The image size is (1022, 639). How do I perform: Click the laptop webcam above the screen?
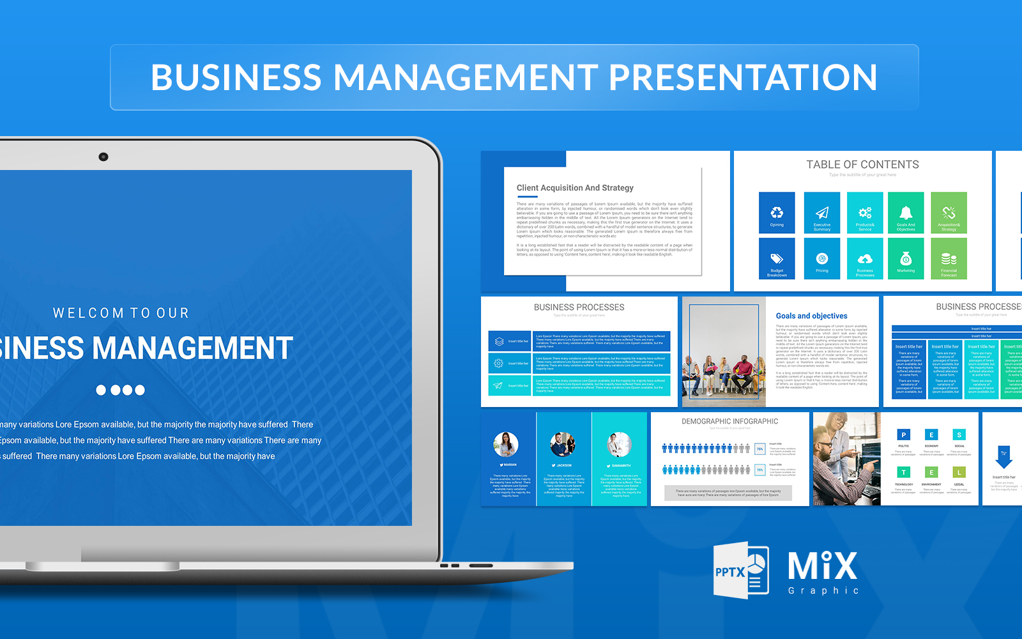(103, 157)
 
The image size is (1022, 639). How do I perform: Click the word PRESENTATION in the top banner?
(743, 77)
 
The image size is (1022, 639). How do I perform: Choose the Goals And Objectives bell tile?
(906, 213)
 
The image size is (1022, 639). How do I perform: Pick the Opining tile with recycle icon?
(777, 213)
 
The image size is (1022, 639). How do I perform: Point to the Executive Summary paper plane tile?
(821, 213)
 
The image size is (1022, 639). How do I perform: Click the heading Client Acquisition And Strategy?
(575, 188)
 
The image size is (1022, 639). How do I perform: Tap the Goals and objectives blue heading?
(811, 316)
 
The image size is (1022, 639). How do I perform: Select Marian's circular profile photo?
(506, 444)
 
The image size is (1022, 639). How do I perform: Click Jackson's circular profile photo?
(563, 444)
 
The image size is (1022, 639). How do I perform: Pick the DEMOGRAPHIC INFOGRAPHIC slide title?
(729, 422)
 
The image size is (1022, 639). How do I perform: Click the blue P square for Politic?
(903, 435)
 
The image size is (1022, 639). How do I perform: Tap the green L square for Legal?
(959, 472)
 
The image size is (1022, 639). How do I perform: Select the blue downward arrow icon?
(1003, 457)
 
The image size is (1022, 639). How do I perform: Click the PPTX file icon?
(741, 571)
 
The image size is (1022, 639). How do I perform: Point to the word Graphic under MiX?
(823, 590)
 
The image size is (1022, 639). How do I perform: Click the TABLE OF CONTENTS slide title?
(862, 165)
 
